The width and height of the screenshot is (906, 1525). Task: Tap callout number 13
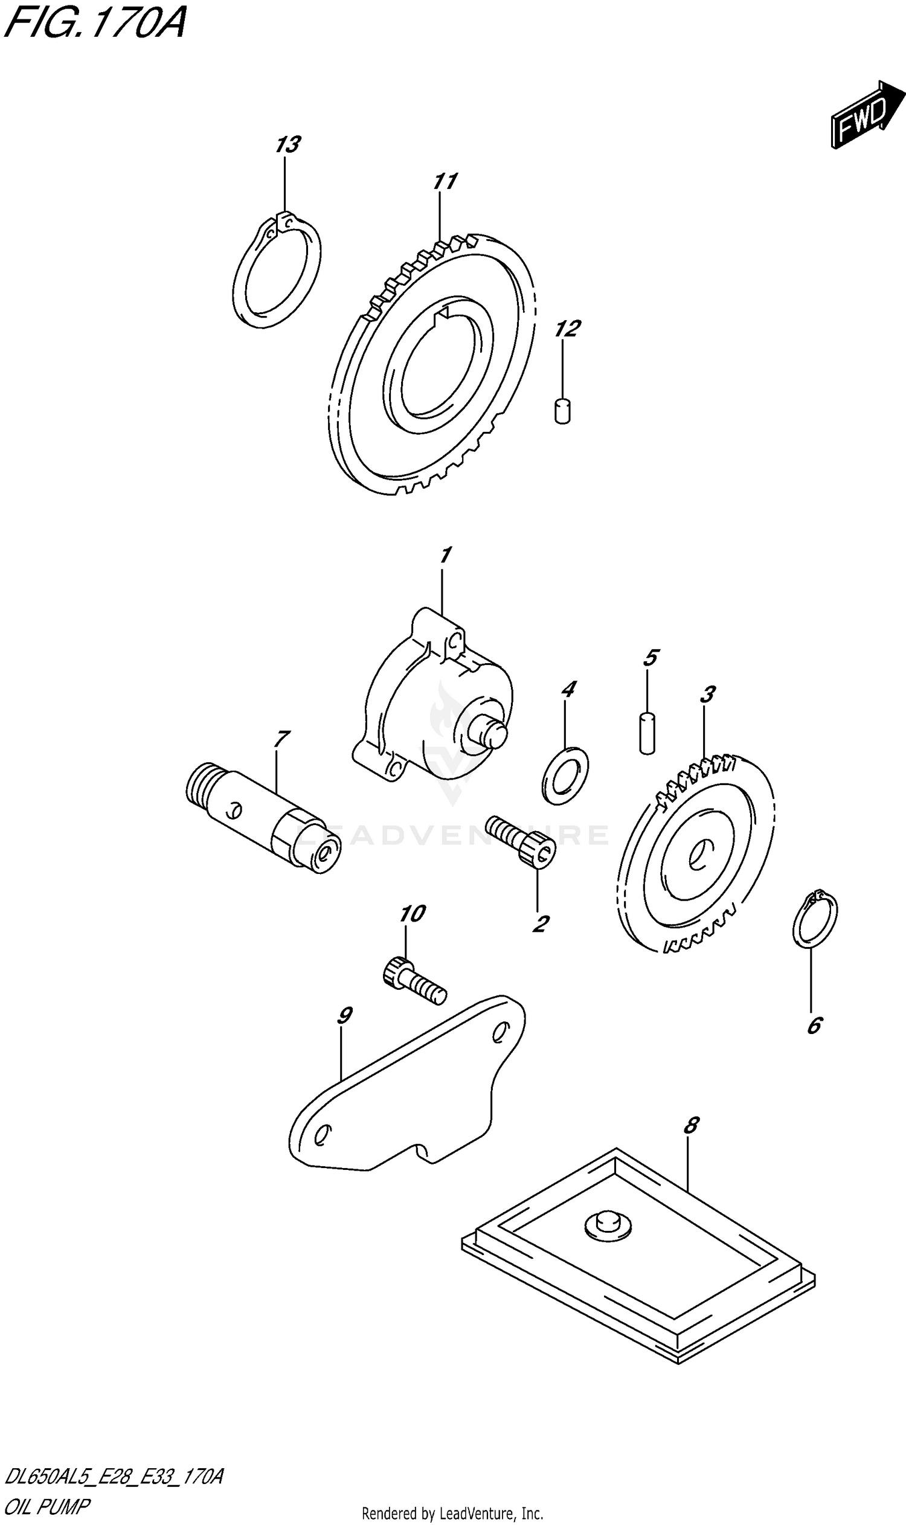point(287,146)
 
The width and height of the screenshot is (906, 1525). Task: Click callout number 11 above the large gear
point(445,181)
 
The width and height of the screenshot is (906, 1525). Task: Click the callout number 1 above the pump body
point(445,556)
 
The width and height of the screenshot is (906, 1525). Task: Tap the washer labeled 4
point(565,775)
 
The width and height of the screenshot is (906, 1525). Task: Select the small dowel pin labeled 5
point(647,732)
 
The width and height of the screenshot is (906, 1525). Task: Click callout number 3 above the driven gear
point(707,694)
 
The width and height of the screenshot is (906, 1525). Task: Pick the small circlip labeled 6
point(814,920)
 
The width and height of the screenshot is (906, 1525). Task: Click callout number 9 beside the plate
point(344,1016)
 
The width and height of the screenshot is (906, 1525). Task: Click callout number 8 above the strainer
point(690,1125)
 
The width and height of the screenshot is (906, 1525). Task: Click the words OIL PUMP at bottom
point(47,1506)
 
